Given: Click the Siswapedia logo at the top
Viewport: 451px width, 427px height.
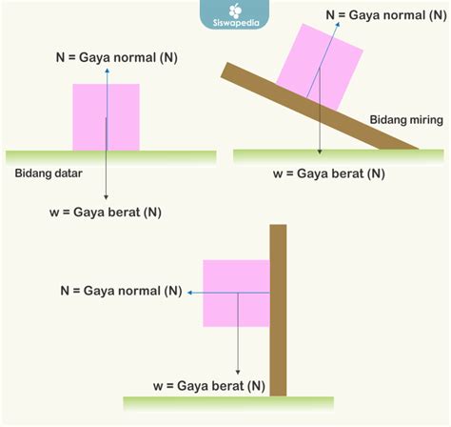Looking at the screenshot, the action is (235, 14).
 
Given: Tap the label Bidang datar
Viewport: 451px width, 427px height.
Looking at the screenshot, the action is (49, 173).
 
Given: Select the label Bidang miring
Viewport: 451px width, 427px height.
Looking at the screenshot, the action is (406, 120).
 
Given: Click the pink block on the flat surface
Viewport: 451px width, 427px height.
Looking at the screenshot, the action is (106, 117).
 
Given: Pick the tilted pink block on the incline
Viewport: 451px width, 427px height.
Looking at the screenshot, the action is (320, 67).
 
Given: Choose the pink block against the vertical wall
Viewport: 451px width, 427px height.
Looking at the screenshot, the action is (236, 294).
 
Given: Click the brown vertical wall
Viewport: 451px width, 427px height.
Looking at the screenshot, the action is (278, 311).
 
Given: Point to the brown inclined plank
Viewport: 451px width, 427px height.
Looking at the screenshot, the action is (319, 106).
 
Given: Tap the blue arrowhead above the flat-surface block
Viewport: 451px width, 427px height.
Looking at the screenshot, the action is (108, 71).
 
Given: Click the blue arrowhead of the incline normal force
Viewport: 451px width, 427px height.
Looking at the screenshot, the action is (338, 25).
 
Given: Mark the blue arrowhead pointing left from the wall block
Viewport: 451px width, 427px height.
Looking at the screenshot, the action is (190, 293).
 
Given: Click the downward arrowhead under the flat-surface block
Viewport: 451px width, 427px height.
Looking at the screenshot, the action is (106, 197).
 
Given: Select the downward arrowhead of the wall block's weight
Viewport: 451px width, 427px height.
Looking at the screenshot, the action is (238, 372).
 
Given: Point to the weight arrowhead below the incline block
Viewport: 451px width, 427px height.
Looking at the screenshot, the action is (320, 152).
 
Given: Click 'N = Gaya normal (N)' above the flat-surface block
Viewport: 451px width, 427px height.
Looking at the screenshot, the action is (116, 58).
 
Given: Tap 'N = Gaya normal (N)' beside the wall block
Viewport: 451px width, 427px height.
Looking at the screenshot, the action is (121, 291).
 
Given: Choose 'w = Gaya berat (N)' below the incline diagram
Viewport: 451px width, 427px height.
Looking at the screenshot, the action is (329, 173).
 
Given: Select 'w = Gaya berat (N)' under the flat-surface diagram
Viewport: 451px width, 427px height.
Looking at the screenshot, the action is (106, 213).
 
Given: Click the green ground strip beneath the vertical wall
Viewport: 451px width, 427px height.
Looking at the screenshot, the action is (228, 403).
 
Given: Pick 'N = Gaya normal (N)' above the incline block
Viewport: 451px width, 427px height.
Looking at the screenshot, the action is (386, 15).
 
